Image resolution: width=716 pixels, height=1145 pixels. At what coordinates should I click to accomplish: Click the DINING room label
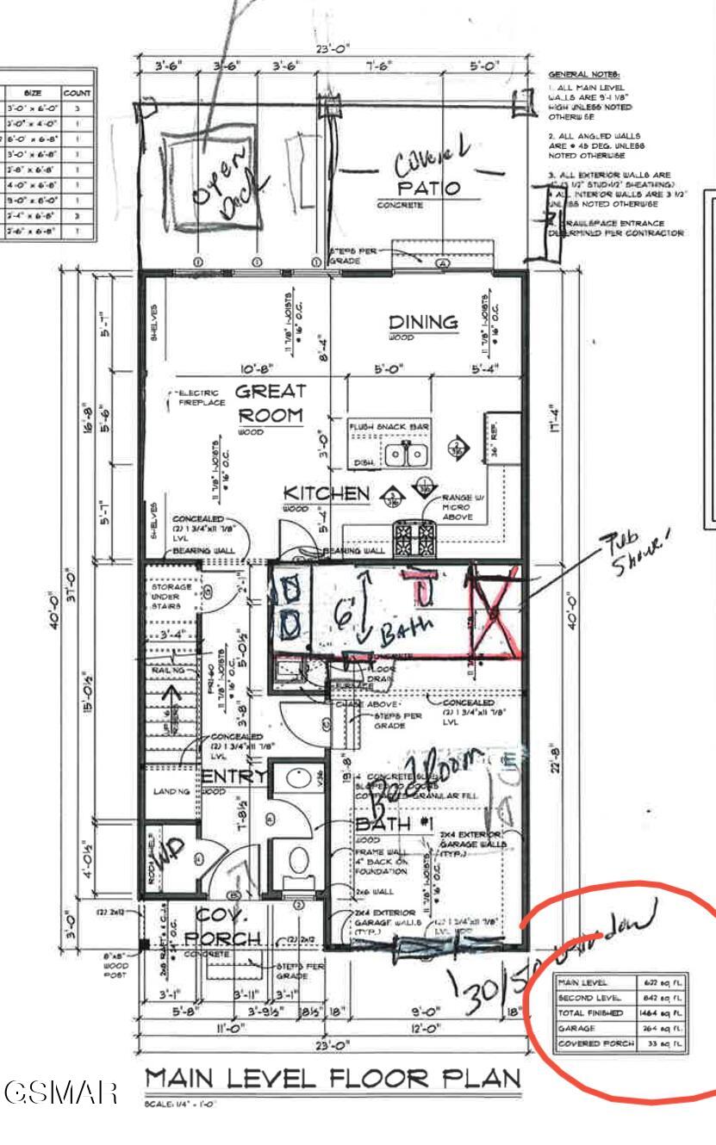[x=423, y=322]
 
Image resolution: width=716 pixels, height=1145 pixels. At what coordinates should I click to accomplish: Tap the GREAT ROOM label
[x=271, y=403]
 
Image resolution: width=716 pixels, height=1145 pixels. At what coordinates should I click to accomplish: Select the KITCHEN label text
[x=327, y=493]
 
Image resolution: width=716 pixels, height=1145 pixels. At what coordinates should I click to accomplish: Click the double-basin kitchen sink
[x=408, y=455]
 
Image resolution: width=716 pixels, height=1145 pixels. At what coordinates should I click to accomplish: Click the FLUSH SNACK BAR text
[x=389, y=426]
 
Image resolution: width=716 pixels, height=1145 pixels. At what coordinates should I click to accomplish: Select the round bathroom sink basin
[x=298, y=780]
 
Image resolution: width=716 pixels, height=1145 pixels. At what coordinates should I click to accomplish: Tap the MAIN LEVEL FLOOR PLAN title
[x=333, y=1079]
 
